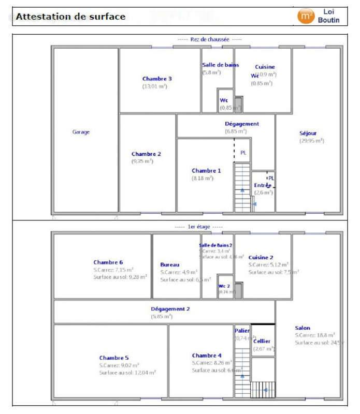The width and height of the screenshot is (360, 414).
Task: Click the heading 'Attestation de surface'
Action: (x=70, y=17)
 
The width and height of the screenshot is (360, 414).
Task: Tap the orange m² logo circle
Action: (x=306, y=16)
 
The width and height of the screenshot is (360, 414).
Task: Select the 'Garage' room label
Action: (x=81, y=132)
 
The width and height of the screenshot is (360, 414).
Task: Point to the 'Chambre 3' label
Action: (x=157, y=79)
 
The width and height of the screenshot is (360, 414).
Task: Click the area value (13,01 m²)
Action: (x=154, y=86)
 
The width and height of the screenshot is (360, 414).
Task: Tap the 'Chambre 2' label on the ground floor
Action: (x=146, y=154)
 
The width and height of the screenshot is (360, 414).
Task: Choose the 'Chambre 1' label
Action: (x=206, y=170)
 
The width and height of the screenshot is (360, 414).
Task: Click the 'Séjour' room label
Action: (x=308, y=133)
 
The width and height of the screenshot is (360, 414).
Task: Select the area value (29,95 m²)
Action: (x=311, y=140)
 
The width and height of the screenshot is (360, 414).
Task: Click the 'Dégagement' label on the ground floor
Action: (x=241, y=124)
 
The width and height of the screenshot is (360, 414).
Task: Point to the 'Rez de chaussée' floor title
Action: (x=209, y=39)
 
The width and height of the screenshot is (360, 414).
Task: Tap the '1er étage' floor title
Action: (x=198, y=227)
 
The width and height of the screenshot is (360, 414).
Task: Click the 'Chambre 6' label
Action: (x=108, y=262)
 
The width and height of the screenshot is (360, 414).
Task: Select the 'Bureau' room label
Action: (x=170, y=264)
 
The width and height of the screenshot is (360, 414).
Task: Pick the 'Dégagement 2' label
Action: (x=170, y=308)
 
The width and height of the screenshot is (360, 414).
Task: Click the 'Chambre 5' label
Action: (x=114, y=358)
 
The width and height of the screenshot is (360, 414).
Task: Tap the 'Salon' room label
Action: (x=303, y=328)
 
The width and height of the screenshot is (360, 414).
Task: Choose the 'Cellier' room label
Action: (x=262, y=341)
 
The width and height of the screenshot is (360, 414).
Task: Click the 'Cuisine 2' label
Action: (x=261, y=257)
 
